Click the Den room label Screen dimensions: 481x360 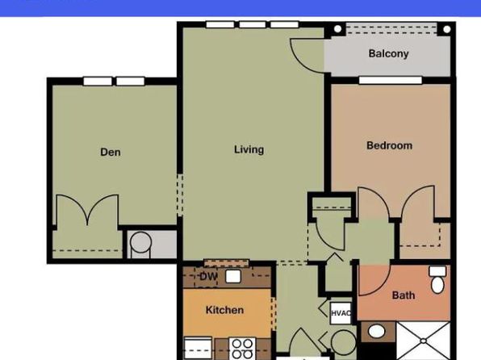111,152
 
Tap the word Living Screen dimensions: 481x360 249,149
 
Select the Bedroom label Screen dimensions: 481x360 389,145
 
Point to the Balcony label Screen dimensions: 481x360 388,53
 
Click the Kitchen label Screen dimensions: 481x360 224,310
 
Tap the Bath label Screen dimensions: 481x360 404,295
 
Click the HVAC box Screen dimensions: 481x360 341,313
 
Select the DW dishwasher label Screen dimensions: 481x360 208,277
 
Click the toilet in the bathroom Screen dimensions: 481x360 437,279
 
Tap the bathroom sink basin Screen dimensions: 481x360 376,332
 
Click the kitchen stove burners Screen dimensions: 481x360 242,349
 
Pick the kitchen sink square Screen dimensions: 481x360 232,276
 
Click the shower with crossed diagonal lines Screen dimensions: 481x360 424,341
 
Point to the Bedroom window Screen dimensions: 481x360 390,81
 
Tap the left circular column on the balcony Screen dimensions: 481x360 337,29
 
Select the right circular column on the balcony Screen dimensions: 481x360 446,29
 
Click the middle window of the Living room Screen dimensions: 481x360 252,24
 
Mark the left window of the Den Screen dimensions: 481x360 98,82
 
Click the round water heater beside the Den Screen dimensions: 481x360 140,242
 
